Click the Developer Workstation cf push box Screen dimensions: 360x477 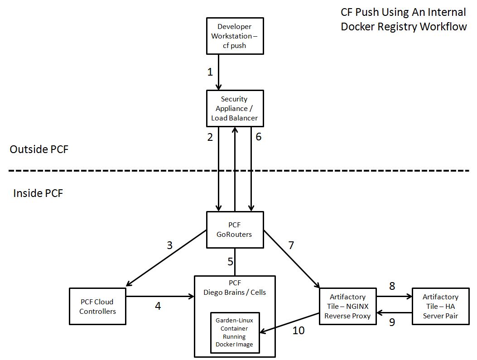(235, 36)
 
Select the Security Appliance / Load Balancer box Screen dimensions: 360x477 (235, 108)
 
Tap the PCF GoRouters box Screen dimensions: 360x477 (235, 230)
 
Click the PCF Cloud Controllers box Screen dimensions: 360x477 (97, 306)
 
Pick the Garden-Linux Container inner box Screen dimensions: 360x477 (234, 333)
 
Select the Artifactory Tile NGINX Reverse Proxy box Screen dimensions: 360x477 (347, 306)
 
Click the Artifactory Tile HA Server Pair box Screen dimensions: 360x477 (440, 306)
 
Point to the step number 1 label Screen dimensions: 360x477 (210, 72)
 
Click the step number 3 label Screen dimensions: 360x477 (169, 245)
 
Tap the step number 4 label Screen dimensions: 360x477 (158, 306)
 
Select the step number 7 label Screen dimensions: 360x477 (291, 245)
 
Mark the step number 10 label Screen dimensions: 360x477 (299, 331)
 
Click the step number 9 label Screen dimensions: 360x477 (392, 322)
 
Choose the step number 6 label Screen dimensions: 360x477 (258, 137)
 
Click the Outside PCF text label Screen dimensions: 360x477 (39, 149)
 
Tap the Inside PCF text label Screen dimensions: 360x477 (38, 193)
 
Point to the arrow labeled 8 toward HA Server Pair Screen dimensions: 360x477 (394, 297)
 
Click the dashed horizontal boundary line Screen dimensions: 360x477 (136, 171)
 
